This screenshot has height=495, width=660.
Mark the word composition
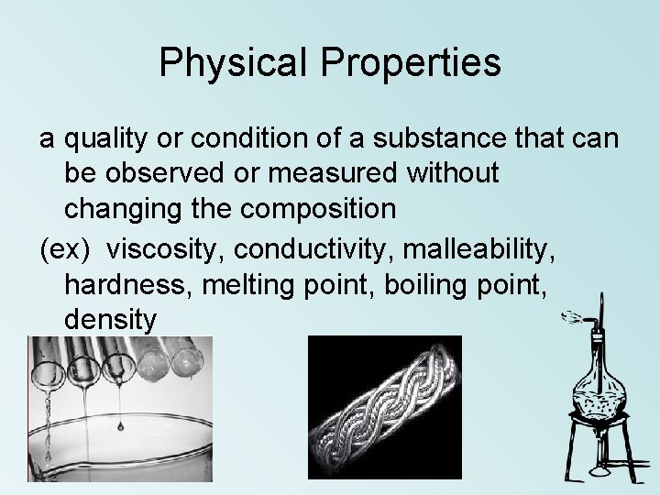(307, 209)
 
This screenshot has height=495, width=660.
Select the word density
(111, 320)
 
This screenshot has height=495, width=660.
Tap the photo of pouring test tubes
(119, 408)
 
